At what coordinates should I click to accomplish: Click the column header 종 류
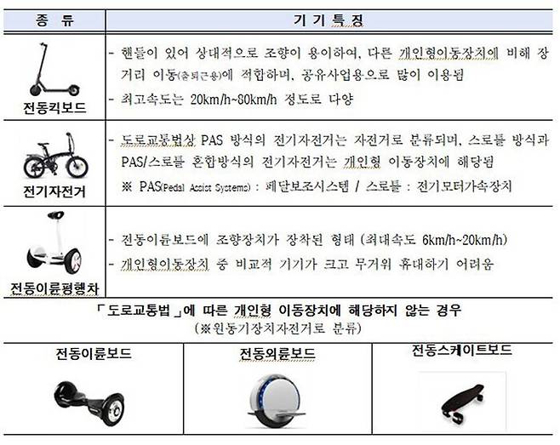coord(53,17)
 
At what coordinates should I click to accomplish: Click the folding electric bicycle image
coord(52,159)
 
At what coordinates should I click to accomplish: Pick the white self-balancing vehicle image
coord(52,242)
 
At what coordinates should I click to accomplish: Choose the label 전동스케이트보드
coord(460,350)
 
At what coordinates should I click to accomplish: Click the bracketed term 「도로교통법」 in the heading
coord(140,308)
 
